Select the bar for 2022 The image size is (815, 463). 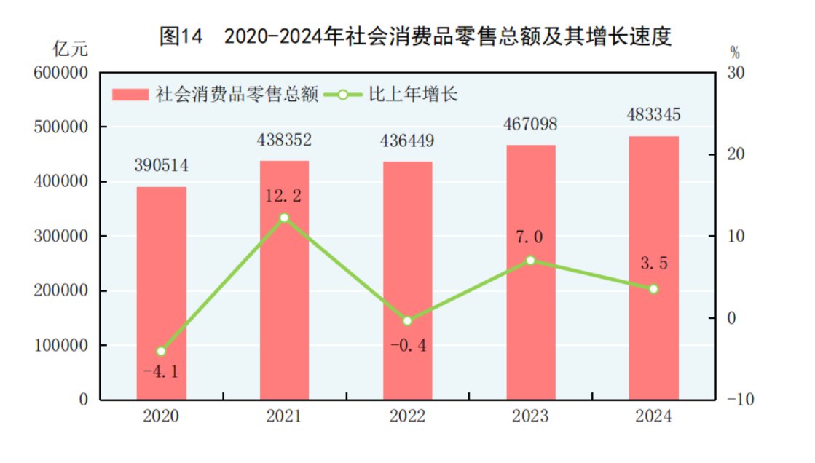click(407, 280)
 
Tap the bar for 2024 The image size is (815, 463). click(653, 267)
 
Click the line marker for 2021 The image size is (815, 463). click(284, 218)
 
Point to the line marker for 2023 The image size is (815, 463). click(530, 260)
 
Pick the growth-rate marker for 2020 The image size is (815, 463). click(162, 351)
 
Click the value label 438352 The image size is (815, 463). click(284, 140)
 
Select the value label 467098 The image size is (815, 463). click(530, 124)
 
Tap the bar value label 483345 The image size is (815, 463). click(653, 115)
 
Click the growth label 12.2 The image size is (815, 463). click(284, 195)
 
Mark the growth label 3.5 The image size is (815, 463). click(653, 264)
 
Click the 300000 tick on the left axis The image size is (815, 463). click(62, 237)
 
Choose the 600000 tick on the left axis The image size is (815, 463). click(62, 73)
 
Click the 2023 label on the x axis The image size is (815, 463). click(530, 416)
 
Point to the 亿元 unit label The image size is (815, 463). click(71, 50)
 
